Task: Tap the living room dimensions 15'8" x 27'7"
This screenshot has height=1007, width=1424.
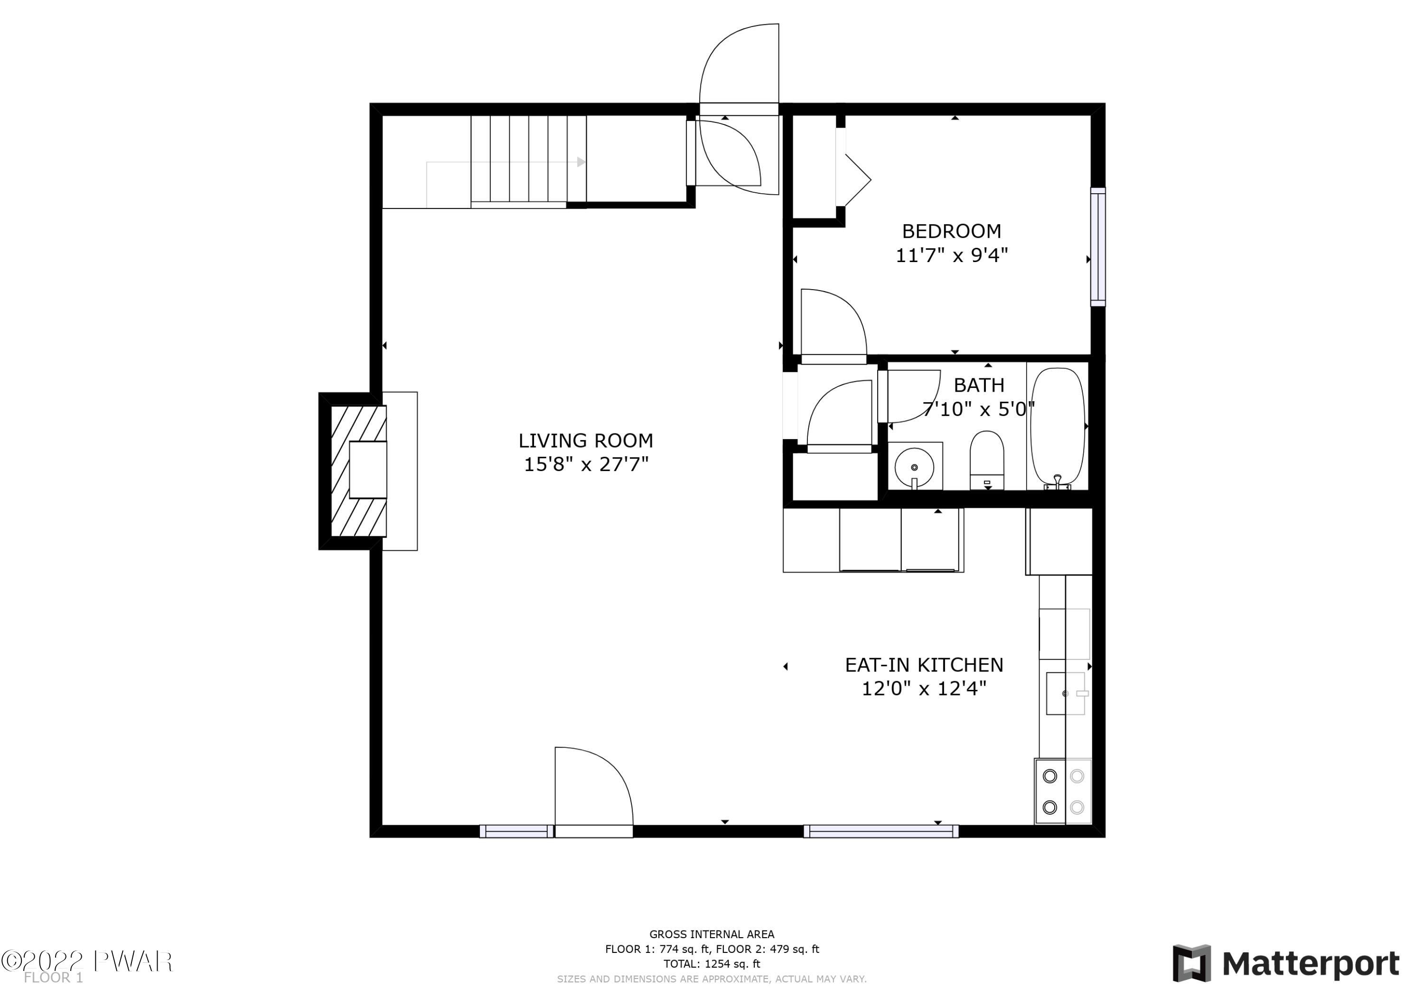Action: pyautogui.click(x=586, y=464)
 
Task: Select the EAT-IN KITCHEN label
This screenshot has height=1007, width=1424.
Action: pyautogui.click(x=924, y=665)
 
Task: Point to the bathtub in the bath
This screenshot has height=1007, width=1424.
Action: pyautogui.click(x=1058, y=426)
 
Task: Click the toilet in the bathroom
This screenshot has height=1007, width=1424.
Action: pyautogui.click(x=987, y=460)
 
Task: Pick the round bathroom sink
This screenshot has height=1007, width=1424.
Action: pyautogui.click(x=915, y=467)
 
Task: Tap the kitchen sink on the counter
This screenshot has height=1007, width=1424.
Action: pyautogui.click(x=1066, y=693)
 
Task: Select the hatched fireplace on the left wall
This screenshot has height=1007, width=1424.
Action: pyautogui.click(x=358, y=471)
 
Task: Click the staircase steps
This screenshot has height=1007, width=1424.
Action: pyautogui.click(x=528, y=159)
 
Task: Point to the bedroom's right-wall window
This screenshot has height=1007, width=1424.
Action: pyautogui.click(x=1098, y=247)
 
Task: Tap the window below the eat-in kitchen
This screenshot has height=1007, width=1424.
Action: pyautogui.click(x=881, y=831)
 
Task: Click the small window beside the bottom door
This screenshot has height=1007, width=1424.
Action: pyautogui.click(x=516, y=831)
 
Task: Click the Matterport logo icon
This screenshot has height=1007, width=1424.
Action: pyautogui.click(x=1191, y=964)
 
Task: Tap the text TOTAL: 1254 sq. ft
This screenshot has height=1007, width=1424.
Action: pyautogui.click(x=712, y=964)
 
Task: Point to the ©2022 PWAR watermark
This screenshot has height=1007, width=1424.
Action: pyautogui.click(x=87, y=961)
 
